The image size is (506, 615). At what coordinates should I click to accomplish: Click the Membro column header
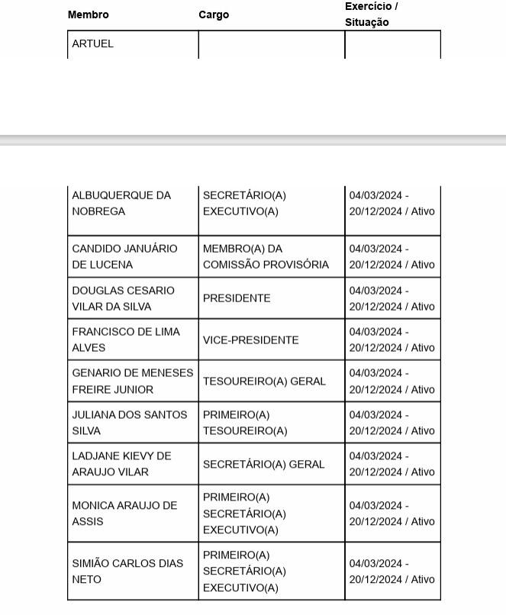point(89,14)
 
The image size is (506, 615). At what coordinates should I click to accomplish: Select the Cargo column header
point(214,14)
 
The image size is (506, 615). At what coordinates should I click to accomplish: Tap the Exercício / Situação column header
point(372,14)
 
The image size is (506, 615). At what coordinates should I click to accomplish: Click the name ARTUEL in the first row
point(92,43)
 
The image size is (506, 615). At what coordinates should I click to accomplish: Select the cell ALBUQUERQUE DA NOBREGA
point(121,204)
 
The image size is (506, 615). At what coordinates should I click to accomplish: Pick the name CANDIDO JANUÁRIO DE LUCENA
point(124,256)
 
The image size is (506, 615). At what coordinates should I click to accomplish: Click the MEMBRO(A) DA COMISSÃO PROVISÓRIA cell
point(266,256)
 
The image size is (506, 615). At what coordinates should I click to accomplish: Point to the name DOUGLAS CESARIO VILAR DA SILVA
point(123,298)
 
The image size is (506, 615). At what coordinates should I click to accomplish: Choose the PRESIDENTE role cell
point(237,298)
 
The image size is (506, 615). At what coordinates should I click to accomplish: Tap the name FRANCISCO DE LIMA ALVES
point(126,340)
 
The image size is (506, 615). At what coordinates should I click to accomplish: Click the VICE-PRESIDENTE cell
point(250,340)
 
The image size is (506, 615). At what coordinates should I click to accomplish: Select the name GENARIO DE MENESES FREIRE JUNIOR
point(132,381)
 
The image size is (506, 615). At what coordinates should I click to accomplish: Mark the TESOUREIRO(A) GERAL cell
point(264,381)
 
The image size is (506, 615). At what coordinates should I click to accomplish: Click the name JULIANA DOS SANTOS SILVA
point(129,423)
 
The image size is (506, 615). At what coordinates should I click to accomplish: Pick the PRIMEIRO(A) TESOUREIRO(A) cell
point(245,423)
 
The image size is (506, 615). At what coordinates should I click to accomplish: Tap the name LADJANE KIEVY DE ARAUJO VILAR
point(121,464)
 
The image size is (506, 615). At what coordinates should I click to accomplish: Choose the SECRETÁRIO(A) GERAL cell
point(263,464)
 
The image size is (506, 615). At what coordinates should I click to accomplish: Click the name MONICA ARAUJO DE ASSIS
point(124,514)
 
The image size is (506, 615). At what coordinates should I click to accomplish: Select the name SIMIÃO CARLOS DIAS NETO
point(127,572)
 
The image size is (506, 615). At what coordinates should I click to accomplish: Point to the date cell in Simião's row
point(392,572)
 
